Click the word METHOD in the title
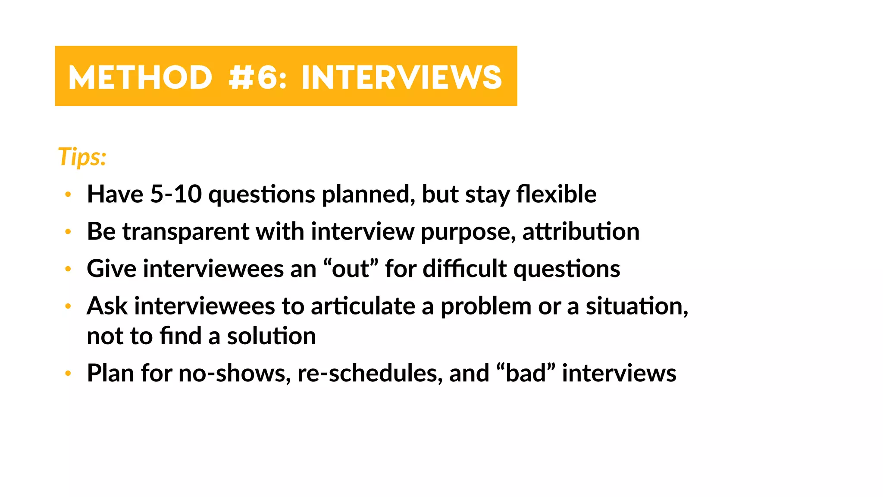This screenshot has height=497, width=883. pyautogui.click(x=140, y=78)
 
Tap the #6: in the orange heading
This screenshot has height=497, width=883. pyautogui.click(x=257, y=78)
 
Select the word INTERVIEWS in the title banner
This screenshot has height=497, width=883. pyautogui.click(x=402, y=78)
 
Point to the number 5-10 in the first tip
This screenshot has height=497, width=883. pyautogui.click(x=176, y=194)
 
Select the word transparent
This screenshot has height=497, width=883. pyautogui.click(x=186, y=232)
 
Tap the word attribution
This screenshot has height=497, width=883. pyautogui.click(x=581, y=232)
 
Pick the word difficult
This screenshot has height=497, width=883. pyautogui.click(x=465, y=269)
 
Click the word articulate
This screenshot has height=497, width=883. pyautogui.click(x=363, y=306)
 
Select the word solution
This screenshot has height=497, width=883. pyautogui.click(x=272, y=336)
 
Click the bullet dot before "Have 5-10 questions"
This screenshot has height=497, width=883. pyautogui.click(x=68, y=195)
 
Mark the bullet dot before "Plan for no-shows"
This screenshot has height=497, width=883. pyautogui.click(x=68, y=374)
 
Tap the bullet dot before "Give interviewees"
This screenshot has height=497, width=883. pyautogui.click(x=68, y=269)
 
